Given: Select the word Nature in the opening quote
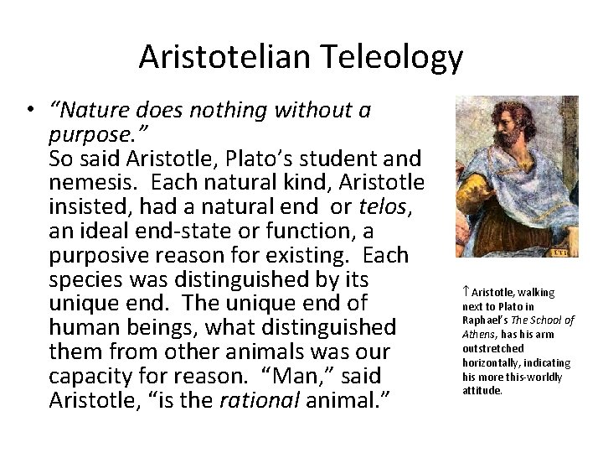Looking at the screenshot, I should (x=86, y=112).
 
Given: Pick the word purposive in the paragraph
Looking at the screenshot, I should (x=99, y=254).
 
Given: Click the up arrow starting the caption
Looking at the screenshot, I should (x=465, y=292).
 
